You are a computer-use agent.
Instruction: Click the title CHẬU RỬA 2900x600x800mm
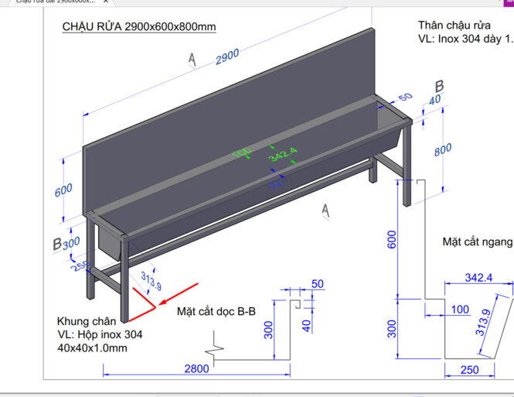coord(138,27)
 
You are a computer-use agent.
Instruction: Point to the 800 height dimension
coord(442,150)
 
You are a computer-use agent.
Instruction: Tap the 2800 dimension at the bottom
coord(196,368)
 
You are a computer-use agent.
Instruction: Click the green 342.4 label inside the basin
coord(283,156)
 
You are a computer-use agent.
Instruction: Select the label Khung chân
coord(87,320)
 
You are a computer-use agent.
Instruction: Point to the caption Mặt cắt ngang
coord(477,242)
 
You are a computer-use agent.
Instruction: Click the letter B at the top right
coord(438,86)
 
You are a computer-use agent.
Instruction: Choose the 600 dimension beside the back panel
coord(63,189)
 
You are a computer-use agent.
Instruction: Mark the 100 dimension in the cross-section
coord(460,310)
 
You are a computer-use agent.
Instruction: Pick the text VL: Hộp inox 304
coord(100,334)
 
